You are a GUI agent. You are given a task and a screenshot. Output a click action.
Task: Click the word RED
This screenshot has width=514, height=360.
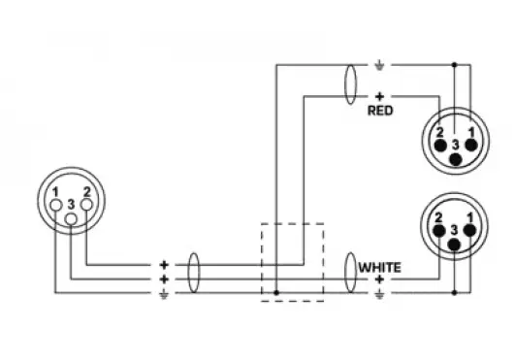pyautogui.click(x=379, y=111)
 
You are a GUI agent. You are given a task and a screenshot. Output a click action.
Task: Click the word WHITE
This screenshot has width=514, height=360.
pyautogui.click(x=380, y=266)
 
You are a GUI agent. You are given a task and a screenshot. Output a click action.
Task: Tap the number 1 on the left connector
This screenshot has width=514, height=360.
pyautogui.click(x=57, y=190)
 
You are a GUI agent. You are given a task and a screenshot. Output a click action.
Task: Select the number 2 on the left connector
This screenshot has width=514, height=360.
pyautogui.click(x=87, y=190)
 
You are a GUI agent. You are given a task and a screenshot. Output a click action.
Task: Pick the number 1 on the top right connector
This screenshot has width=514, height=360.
pyautogui.click(x=470, y=131)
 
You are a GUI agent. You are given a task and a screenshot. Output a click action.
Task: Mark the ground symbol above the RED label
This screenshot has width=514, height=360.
pyautogui.click(x=379, y=66)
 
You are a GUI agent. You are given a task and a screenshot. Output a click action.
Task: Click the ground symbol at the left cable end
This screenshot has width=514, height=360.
pyautogui.click(x=163, y=291)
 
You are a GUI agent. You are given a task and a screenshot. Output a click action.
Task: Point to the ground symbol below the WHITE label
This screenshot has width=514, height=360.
pyautogui.click(x=379, y=291)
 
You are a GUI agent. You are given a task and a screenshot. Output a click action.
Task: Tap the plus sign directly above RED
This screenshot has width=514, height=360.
pyautogui.click(x=379, y=96)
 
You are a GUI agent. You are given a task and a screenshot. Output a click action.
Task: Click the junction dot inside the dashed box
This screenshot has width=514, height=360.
pyautogui.click(x=277, y=290)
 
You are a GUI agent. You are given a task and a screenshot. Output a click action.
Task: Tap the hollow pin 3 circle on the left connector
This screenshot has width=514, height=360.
pyautogui.click(x=72, y=219)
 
